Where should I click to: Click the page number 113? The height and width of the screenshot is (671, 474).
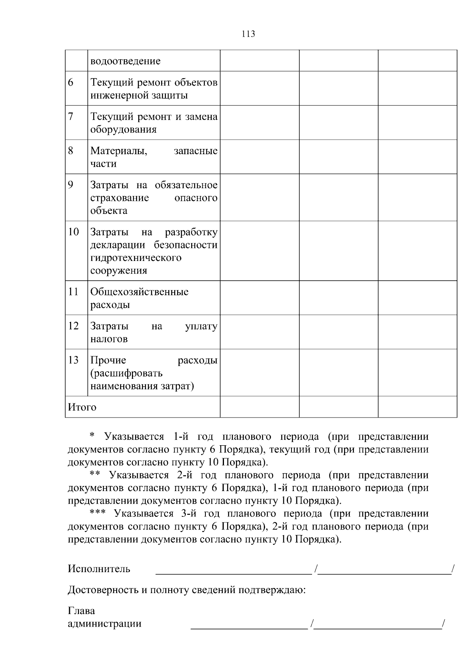click(x=248, y=34)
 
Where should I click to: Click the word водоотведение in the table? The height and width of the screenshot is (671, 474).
click(x=125, y=61)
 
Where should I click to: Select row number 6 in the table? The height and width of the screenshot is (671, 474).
click(x=71, y=83)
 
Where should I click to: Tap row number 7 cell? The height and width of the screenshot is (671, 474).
click(x=71, y=117)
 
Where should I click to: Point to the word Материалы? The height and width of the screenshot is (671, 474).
click(x=118, y=151)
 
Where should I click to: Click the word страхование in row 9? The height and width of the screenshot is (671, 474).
click(x=119, y=198)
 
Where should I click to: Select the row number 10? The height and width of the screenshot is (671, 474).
click(x=73, y=232)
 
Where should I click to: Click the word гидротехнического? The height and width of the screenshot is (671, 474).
click(x=135, y=258)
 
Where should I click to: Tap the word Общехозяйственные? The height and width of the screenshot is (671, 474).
click(x=139, y=292)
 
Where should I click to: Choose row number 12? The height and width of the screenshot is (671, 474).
click(x=73, y=326)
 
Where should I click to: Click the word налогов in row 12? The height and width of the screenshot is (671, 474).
click(x=109, y=339)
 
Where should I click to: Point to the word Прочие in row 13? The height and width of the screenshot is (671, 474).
click(x=108, y=361)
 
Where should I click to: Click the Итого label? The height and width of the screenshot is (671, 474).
click(x=82, y=407)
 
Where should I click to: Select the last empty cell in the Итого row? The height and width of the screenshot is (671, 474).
click(x=417, y=407)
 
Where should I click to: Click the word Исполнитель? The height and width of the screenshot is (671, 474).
click(x=99, y=569)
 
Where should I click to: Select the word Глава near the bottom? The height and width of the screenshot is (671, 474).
click(x=81, y=611)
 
